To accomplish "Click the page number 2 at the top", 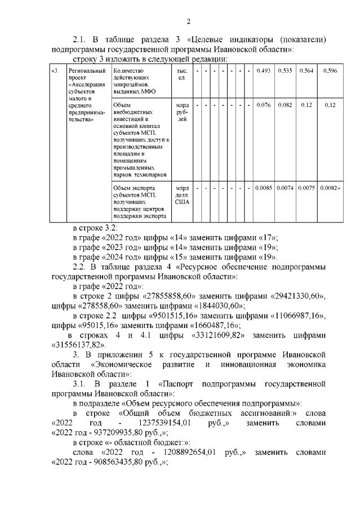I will coord(189,21).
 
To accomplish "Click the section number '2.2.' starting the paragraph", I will coord(82,265).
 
